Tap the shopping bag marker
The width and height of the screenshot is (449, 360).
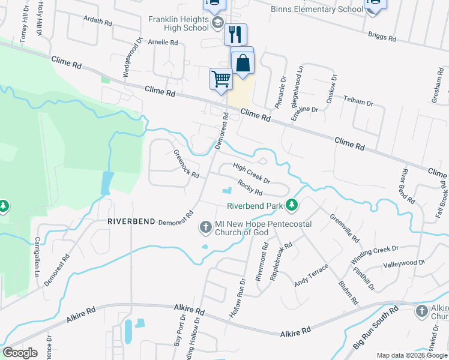pos(243,64)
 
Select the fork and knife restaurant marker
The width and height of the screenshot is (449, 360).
pos(236,34)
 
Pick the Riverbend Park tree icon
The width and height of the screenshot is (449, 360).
pos(292,206)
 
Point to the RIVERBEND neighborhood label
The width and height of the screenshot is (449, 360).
pos(131,221)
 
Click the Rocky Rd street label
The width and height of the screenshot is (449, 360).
pos(250,188)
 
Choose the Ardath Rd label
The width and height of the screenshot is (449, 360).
pos(98,22)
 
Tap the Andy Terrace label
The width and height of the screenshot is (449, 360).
pos(312,275)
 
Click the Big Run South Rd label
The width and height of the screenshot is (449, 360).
pos(376,327)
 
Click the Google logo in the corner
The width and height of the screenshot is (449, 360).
pos(20,353)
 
